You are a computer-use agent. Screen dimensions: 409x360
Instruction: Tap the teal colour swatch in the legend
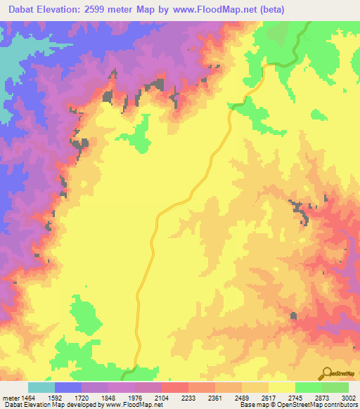click(x=41, y=387)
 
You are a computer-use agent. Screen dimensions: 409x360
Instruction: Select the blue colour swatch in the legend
click(x=68, y=387)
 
